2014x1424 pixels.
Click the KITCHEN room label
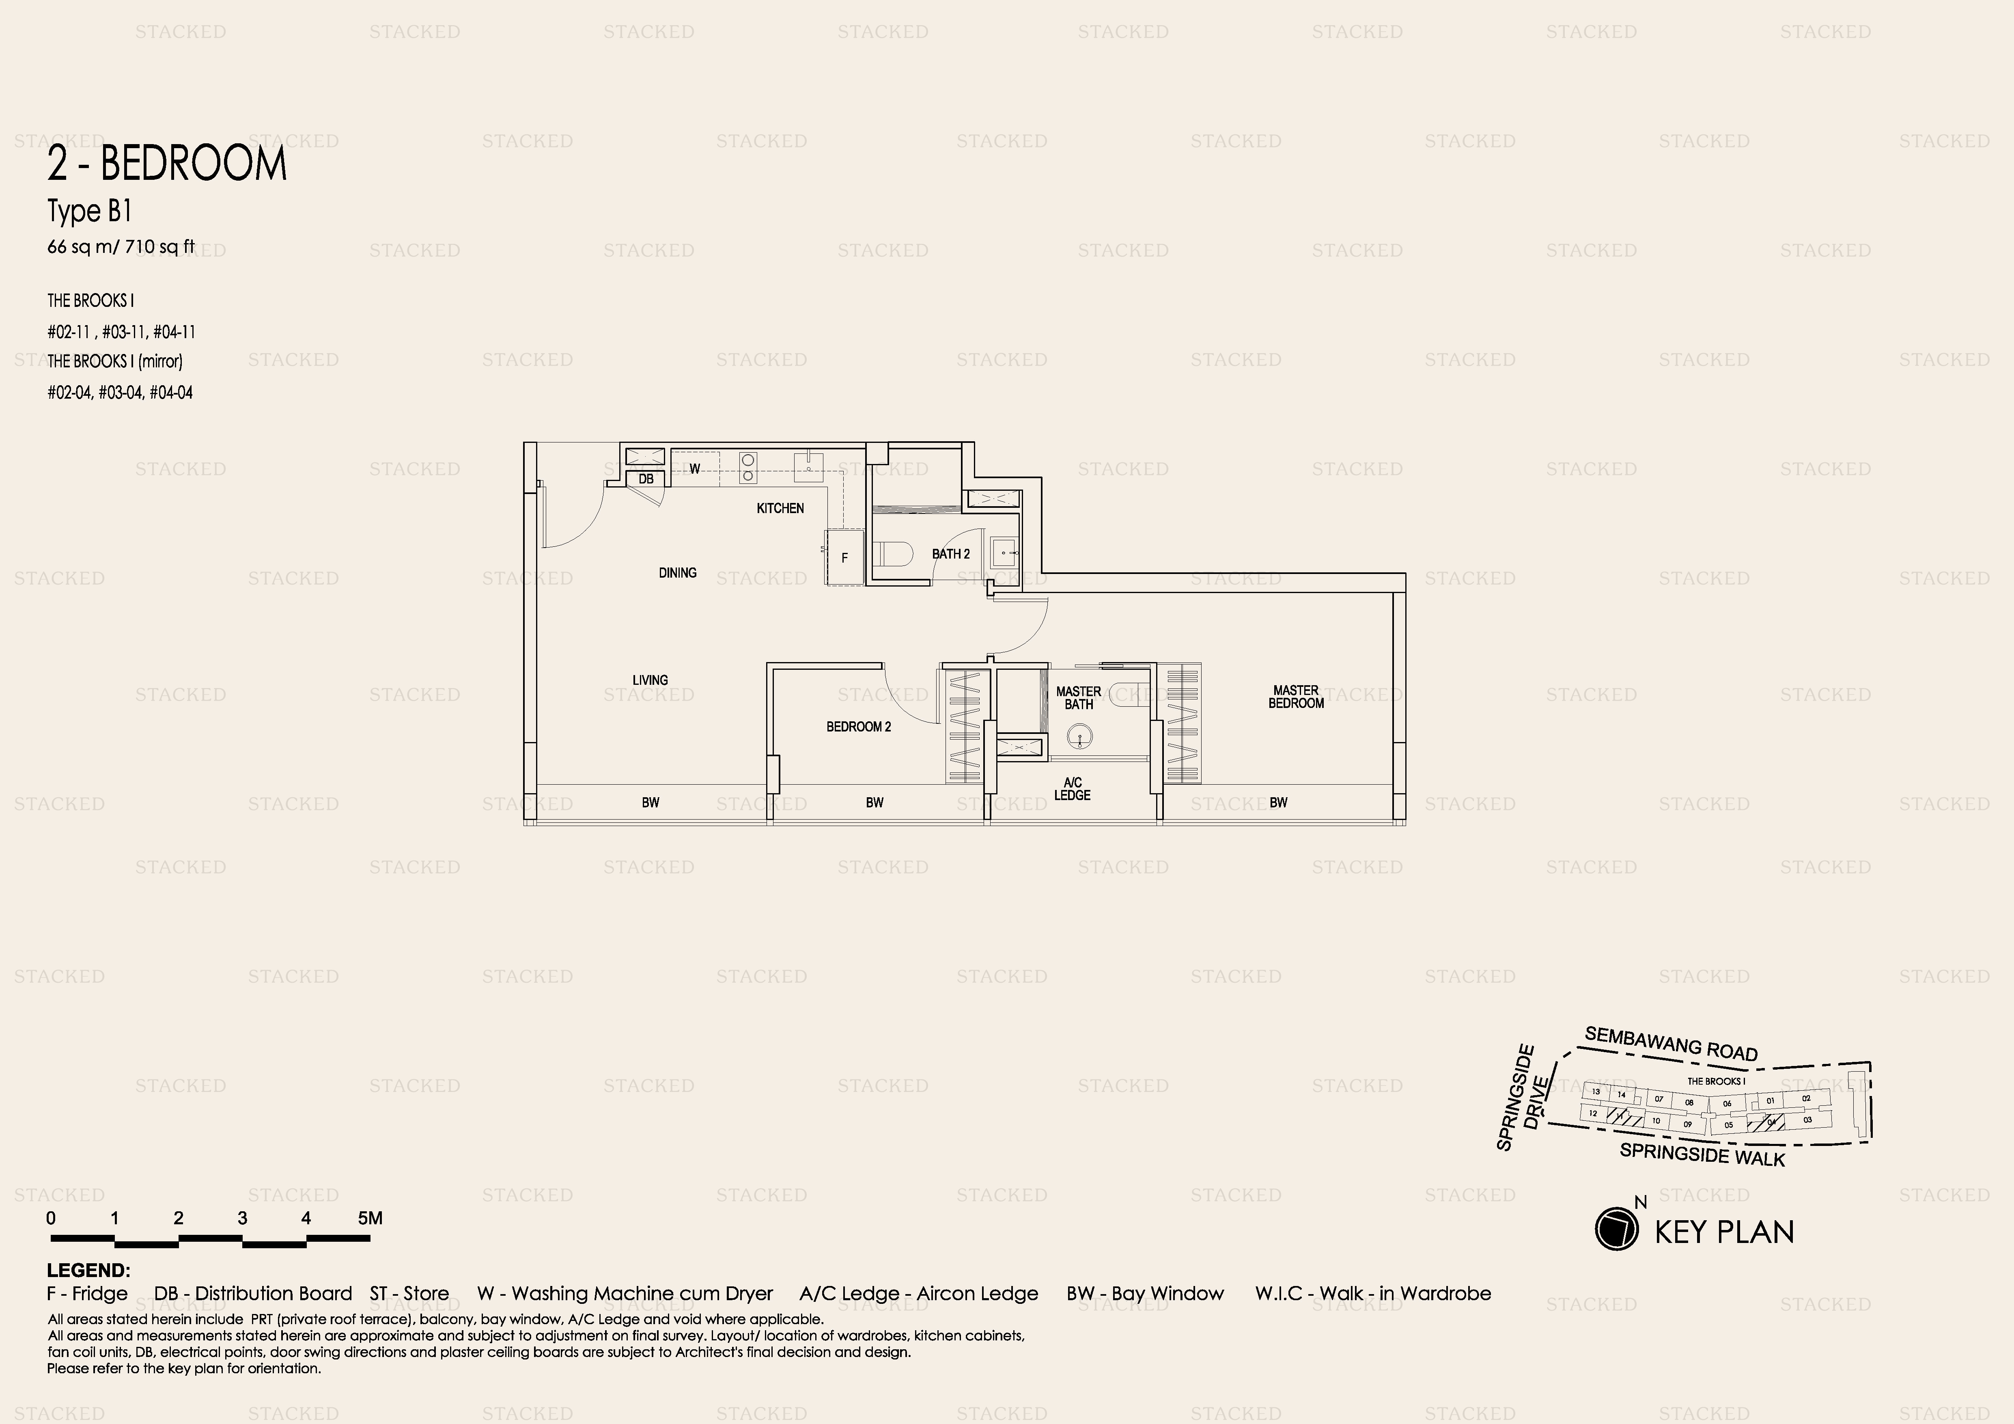coord(780,508)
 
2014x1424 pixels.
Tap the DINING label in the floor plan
coord(677,573)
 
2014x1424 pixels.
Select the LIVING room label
coord(650,680)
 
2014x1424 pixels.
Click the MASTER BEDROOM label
coord(1296,697)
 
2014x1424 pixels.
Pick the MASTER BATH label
coord(1078,697)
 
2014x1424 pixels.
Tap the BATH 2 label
coord(951,554)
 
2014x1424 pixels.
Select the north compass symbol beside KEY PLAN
coord(1617,1228)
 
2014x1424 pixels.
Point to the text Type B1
coord(89,211)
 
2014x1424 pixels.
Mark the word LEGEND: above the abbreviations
coord(88,1271)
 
